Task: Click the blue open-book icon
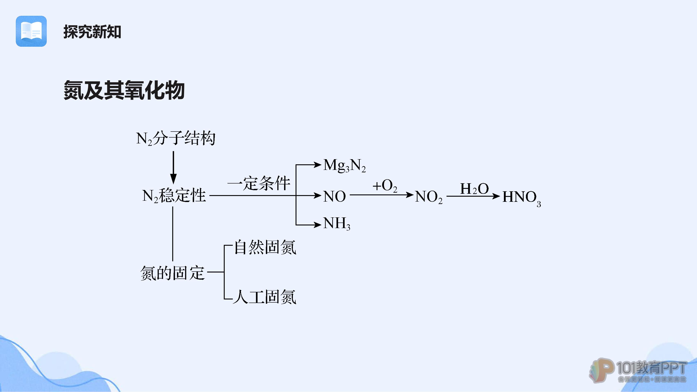pos(31,31)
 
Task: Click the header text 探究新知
pos(92,32)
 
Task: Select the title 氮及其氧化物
pos(124,90)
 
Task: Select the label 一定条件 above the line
pos(259,183)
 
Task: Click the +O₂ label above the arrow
pos(385,186)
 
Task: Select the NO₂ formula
pos(429,197)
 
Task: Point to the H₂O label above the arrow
pos(475,189)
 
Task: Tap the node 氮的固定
pos(173,273)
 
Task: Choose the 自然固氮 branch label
pos(265,247)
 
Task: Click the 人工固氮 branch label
pos(264,297)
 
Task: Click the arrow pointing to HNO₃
pos(473,196)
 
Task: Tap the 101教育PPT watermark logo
pos(638,371)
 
